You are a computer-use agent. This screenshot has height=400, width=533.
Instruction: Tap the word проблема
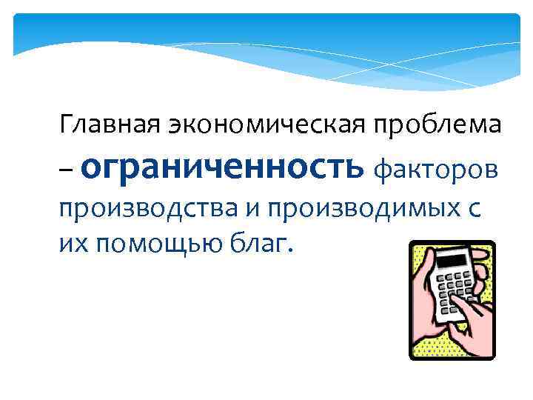click(438, 124)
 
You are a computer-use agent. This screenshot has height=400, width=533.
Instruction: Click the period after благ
click(291, 248)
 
